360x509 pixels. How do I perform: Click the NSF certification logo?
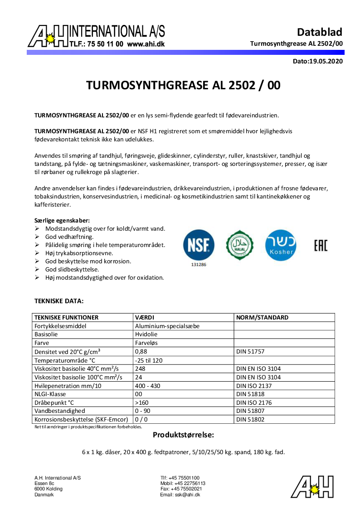click(x=199, y=245)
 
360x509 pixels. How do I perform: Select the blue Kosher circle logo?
click(x=281, y=245)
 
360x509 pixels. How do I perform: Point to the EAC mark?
click(x=320, y=245)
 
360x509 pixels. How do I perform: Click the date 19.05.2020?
click(x=326, y=61)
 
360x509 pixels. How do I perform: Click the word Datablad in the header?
click(x=319, y=32)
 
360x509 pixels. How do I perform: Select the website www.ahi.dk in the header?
click(x=146, y=44)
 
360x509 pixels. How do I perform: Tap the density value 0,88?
click(x=141, y=351)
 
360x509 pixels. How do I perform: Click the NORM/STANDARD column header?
click(x=262, y=317)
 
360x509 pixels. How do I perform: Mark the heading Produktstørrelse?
click(x=183, y=435)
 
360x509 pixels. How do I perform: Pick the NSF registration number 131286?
click(x=198, y=264)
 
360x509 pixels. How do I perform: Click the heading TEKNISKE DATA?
click(x=59, y=301)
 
